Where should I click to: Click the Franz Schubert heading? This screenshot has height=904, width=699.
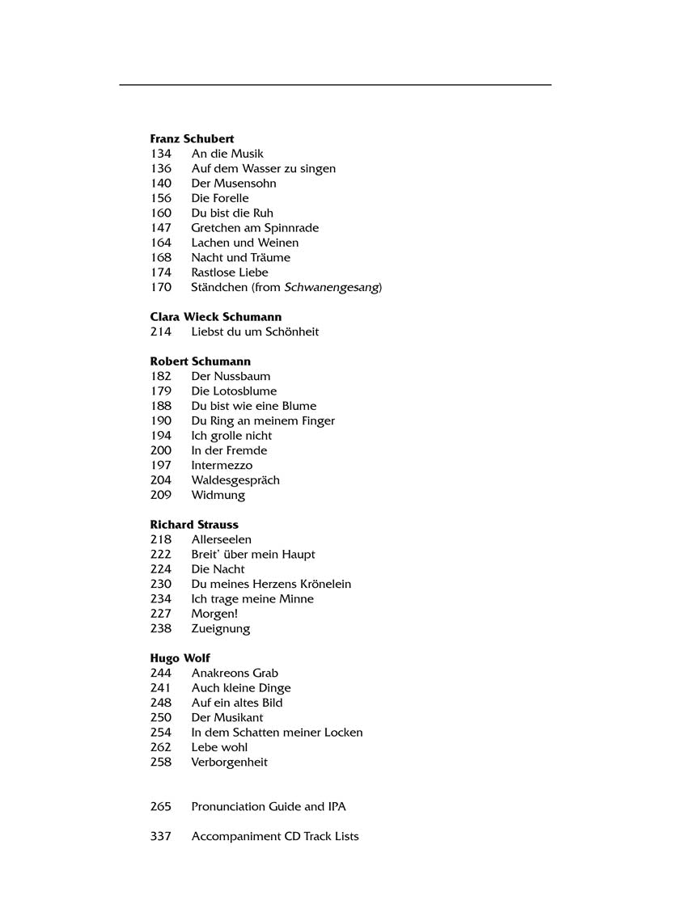[192, 139]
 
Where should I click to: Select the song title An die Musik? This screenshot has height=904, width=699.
[227, 154]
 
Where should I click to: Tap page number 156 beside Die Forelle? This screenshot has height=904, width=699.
[161, 198]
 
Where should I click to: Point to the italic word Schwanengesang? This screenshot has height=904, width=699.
[332, 287]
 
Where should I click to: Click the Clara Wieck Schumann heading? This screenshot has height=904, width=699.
[216, 317]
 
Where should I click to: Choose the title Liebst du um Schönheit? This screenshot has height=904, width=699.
[255, 332]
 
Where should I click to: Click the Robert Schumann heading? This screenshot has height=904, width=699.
[201, 361]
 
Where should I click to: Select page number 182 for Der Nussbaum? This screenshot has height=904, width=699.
[161, 376]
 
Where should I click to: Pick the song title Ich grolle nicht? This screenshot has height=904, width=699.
[231, 436]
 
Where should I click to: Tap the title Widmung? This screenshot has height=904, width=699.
[218, 495]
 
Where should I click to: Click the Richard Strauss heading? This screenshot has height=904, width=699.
[194, 525]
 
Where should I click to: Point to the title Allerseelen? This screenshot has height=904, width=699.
[221, 539]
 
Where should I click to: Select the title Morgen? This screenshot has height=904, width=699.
[214, 614]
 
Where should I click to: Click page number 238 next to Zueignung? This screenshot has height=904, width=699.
[161, 628]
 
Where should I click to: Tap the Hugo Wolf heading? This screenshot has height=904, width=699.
[180, 658]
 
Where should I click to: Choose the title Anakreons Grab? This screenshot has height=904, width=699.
[235, 673]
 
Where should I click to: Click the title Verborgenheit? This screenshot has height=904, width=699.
[229, 762]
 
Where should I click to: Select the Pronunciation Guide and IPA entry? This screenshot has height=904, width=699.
[269, 806]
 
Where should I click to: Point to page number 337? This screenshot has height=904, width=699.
[161, 836]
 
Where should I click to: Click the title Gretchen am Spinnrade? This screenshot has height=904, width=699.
[255, 228]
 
